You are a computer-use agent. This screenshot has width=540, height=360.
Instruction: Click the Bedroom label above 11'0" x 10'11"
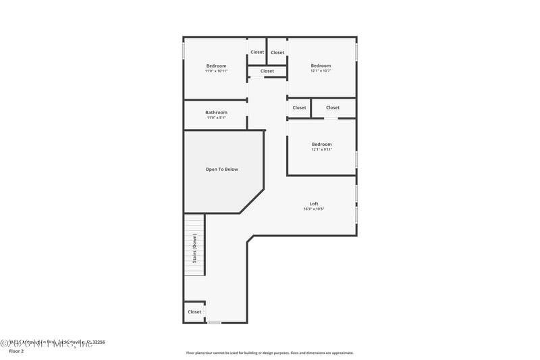click(x=216, y=66)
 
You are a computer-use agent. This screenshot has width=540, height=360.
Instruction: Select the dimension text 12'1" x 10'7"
click(x=321, y=71)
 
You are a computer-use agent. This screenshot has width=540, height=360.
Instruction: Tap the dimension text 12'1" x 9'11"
click(x=321, y=149)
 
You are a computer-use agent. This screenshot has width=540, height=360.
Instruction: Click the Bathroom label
click(x=216, y=112)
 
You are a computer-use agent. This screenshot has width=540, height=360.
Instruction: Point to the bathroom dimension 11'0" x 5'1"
click(x=216, y=118)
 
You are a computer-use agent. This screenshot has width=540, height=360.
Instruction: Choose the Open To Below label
click(x=221, y=169)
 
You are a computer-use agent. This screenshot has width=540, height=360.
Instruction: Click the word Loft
click(x=314, y=203)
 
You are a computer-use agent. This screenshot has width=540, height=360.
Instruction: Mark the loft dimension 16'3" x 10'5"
click(x=314, y=209)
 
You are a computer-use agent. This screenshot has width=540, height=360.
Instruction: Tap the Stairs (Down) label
click(x=195, y=245)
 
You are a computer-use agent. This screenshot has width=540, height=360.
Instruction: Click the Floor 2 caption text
click(x=16, y=351)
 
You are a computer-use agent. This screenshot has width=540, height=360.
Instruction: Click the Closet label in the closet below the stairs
click(x=194, y=311)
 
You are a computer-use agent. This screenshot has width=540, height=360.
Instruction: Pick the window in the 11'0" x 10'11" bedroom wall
click(x=184, y=51)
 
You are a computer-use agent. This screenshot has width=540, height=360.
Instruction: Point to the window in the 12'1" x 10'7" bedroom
click(x=356, y=52)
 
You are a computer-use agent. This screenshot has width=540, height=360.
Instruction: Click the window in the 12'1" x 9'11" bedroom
click(x=356, y=159)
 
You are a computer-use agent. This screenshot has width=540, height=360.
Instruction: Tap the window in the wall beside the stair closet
click(x=214, y=323)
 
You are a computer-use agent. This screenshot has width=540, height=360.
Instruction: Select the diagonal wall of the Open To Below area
click(x=252, y=201)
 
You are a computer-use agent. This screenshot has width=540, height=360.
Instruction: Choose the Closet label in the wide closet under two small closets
click(x=267, y=71)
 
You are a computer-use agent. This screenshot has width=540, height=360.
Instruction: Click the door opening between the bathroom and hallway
click(x=248, y=108)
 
